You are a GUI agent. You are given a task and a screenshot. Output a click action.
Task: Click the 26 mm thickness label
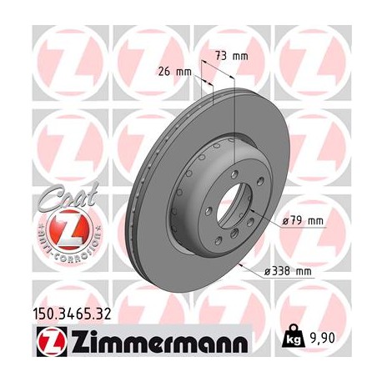pyautogui.click(x=175, y=71)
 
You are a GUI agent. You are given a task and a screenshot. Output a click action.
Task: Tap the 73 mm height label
pyautogui.click(x=233, y=55)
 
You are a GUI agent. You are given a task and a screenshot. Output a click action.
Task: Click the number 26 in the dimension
pyautogui.click(x=164, y=71)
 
